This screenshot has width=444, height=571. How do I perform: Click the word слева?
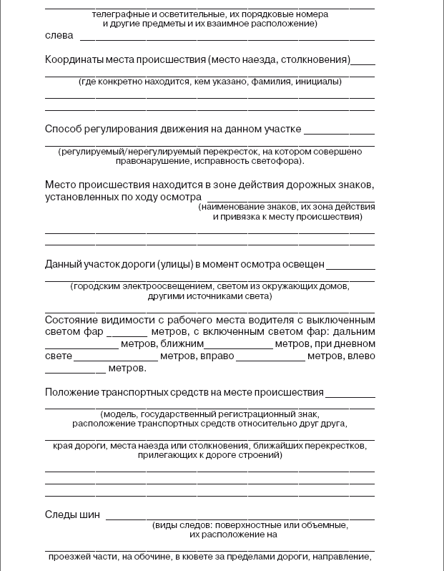tap(58, 36)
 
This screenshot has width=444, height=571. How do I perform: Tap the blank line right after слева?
tap(227, 37)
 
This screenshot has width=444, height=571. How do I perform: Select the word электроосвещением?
tap(157, 286)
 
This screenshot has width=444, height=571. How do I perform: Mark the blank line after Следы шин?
tap(240, 517)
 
